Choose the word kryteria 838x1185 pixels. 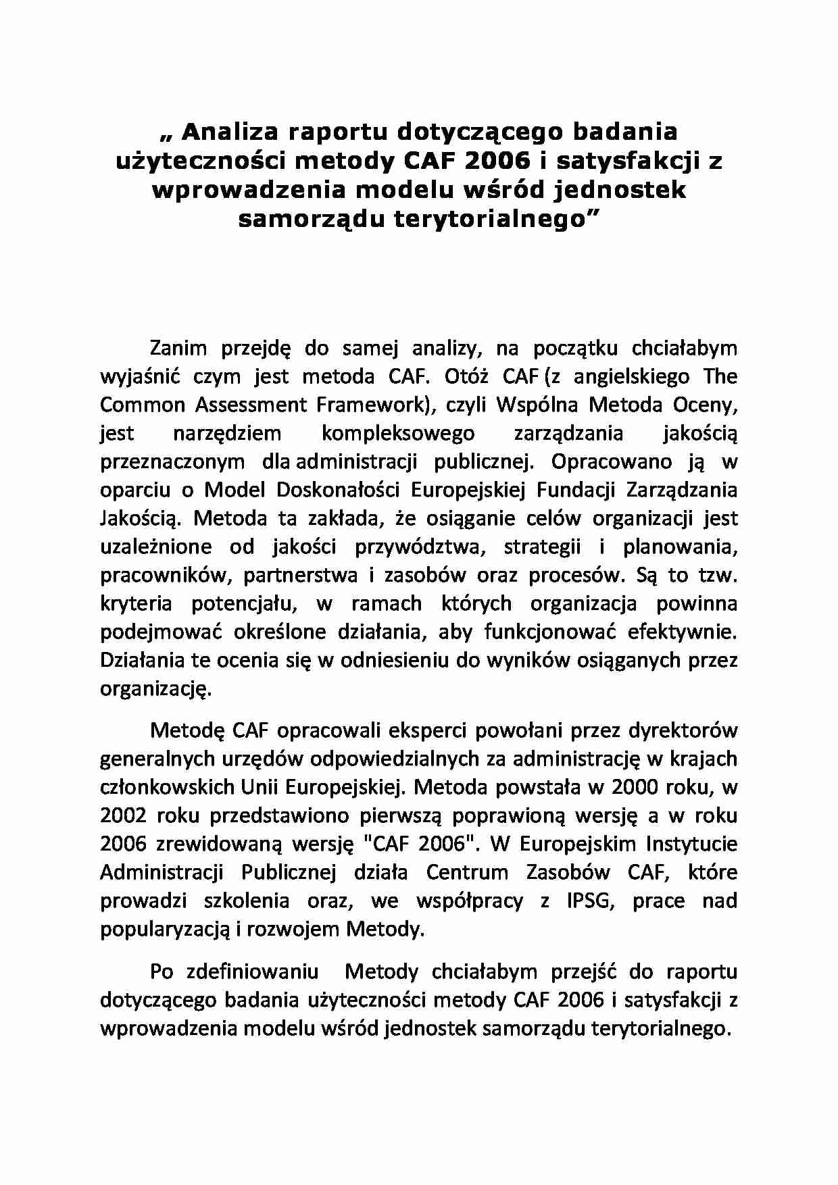tap(136, 603)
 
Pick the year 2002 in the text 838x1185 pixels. tap(124, 815)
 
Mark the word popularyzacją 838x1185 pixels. tap(166, 930)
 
